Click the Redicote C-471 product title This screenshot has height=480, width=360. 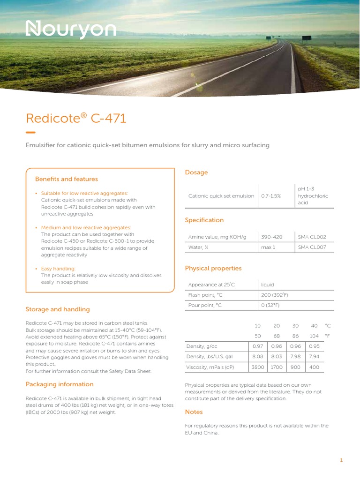tap(76, 118)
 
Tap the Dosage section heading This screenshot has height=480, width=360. tap(196, 172)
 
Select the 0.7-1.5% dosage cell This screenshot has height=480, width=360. tap(271, 196)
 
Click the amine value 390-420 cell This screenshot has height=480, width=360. tap(272, 237)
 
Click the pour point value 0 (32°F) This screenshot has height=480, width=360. tap(270, 305)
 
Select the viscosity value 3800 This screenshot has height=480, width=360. tap(257, 367)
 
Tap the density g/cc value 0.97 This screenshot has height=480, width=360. tap(257, 346)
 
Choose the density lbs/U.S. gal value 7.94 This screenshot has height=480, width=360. tap(314, 357)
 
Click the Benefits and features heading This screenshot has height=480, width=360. tap(67, 179)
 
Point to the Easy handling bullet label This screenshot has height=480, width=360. tap(55, 269)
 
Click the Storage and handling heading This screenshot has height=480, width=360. tap(57, 309)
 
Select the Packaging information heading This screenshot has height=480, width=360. tap(60, 384)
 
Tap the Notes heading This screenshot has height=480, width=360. tap(194, 412)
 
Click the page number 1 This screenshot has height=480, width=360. tap(342, 460)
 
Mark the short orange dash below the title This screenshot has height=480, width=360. tap(30, 132)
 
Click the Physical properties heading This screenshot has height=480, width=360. tap(213, 269)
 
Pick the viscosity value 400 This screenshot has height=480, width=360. tap(314, 367)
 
